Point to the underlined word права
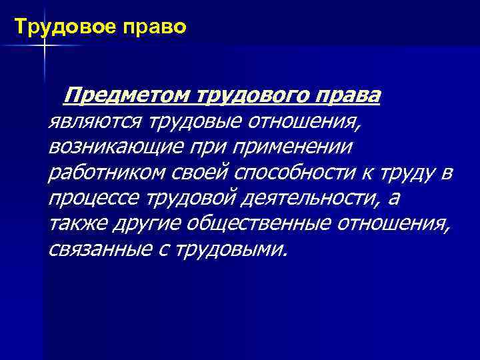[x=347, y=96]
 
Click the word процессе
[x=85, y=198]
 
